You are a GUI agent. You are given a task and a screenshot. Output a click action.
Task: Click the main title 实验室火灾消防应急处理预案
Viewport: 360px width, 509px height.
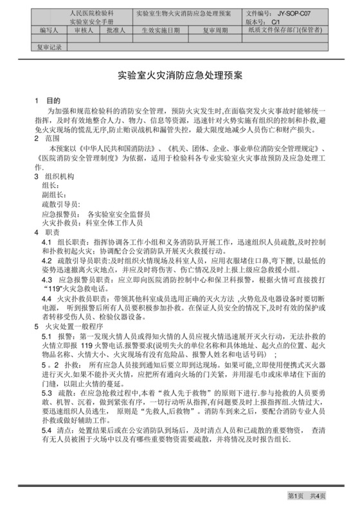179,75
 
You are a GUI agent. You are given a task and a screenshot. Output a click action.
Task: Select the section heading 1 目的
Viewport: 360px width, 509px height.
48,101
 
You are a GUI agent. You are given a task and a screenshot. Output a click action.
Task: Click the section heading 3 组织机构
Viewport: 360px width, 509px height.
55,176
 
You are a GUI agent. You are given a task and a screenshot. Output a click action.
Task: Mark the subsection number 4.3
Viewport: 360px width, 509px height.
46,280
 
